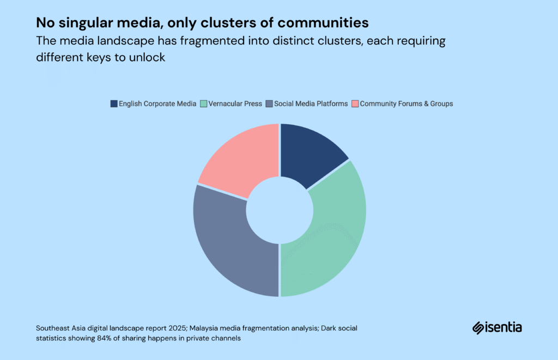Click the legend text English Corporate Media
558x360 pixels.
click(x=157, y=103)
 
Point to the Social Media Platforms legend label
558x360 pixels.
click(x=311, y=103)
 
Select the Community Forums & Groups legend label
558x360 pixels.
click(x=406, y=103)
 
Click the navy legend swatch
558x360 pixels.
click(x=114, y=103)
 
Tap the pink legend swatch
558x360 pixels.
click(x=355, y=103)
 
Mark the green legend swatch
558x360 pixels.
click(x=203, y=103)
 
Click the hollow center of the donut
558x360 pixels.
click(x=279, y=210)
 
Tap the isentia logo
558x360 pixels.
click(x=496, y=327)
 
